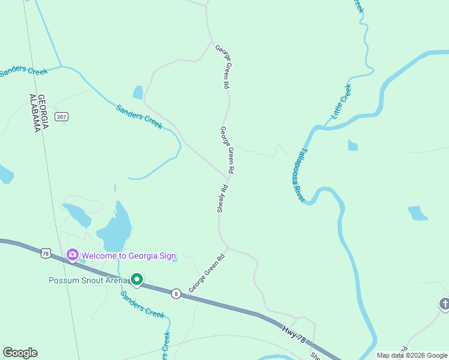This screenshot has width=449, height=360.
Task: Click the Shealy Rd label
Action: pos(221,199)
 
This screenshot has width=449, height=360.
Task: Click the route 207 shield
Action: pos(61,116)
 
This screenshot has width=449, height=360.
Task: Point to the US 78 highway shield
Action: pos(46,253)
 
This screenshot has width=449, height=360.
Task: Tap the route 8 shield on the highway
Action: pos(175,293)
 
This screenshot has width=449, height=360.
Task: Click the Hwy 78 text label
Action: pos(294,334)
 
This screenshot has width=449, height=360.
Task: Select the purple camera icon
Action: pos(73,256)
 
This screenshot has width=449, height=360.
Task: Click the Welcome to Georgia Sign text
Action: pos(128,256)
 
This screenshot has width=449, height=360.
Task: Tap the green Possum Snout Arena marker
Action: pos(137,280)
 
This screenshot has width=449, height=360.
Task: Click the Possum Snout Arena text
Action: pos(88,280)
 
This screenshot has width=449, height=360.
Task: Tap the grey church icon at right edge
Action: pos(444,304)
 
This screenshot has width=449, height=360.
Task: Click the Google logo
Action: pos(20,353)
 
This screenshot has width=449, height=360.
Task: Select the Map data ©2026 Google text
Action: pos(411,355)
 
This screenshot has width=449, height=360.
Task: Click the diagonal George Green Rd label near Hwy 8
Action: pos(206,273)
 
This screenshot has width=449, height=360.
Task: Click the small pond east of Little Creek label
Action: pos(352,145)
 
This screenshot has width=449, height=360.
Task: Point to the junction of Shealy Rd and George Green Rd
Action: pos(229,176)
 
